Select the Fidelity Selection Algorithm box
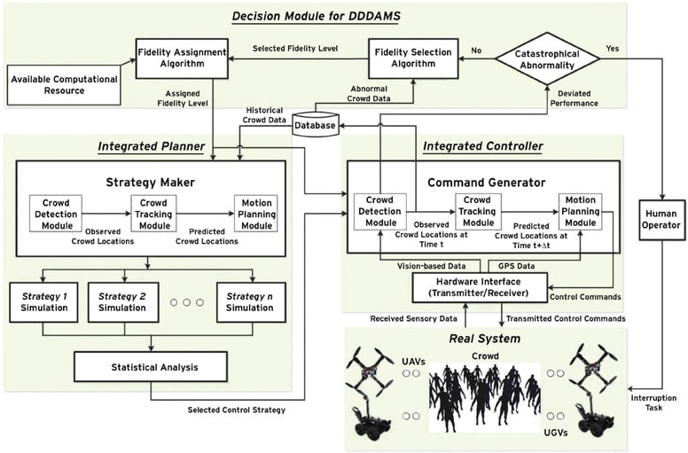[x=412, y=59]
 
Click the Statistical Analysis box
[x=150, y=366]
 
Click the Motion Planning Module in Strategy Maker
[x=255, y=214]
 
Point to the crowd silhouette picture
[x=484, y=397]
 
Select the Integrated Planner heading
[x=152, y=145]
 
